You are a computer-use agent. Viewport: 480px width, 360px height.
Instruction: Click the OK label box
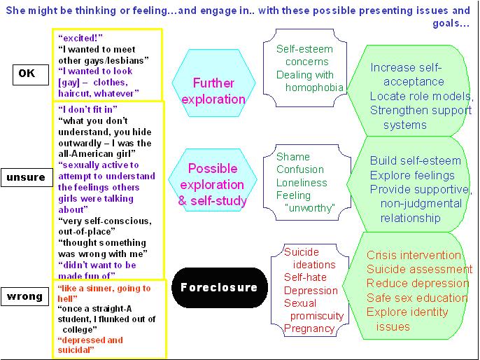[x=27, y=73]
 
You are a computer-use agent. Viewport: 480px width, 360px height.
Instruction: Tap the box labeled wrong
[x=25, y=297]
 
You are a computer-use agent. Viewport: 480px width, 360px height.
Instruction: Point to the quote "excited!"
[x=82, y=38]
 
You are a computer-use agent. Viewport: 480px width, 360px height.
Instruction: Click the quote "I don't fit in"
[x=88, y=109]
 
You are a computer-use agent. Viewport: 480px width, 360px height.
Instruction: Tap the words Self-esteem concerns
[x=304, y=56]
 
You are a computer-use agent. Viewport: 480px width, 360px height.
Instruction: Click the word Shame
[x=292, y=157]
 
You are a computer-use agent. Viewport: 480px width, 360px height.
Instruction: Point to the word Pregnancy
[x=310, y=328]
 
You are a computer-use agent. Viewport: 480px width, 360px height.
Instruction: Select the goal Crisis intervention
[x=414, y=256]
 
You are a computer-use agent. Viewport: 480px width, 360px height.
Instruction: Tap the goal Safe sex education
[x=417, y=298]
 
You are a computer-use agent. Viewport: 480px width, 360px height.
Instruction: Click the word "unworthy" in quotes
[x=310, y=208]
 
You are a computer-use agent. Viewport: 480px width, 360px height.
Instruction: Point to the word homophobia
[x=314, y=88]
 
